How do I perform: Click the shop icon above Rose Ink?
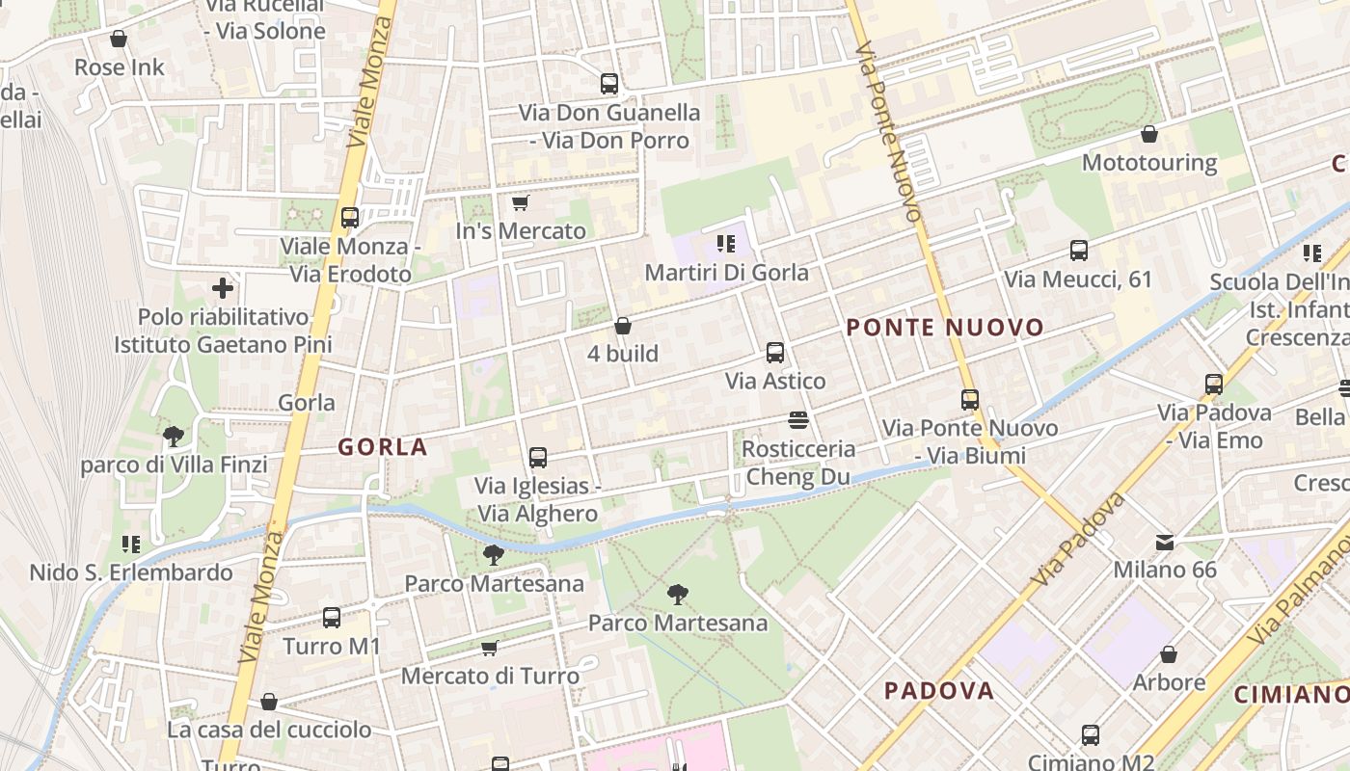[119, 40]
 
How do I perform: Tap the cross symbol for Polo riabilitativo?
[223, 287]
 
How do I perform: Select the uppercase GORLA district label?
[383, 447]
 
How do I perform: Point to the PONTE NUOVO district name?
[945, 328]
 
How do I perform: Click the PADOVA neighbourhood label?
[939, 691]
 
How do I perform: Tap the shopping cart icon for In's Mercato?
[521, 202]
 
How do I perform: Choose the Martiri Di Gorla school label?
[726, 273]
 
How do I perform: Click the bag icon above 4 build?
[623, 327]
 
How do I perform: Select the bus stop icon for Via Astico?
[775, 353]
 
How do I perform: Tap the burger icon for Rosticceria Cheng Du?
[797, 420]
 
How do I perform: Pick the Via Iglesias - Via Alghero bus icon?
[538, 458]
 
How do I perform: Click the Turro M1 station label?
[332, 646]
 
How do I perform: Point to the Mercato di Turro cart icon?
[490, 648]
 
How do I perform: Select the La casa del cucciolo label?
[269, 730]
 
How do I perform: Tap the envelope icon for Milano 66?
[1165, 542]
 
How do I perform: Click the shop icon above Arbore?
[1169, 655]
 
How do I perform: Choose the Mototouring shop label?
[1148, 162]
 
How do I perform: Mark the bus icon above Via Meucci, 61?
[1079, 252]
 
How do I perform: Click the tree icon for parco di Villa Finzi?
[174, 438]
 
